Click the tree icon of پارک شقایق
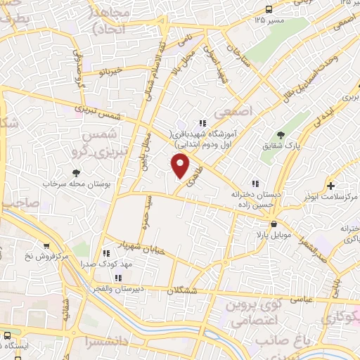281,135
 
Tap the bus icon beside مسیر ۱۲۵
269,9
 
